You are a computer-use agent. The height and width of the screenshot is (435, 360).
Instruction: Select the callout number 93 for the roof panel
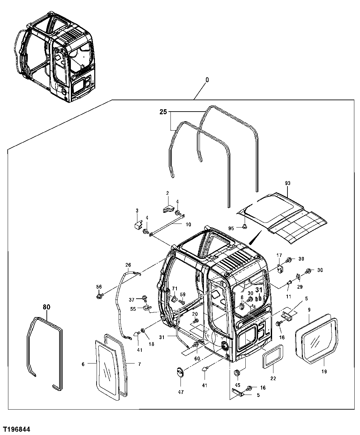pyautogui.click(x=287, y=183)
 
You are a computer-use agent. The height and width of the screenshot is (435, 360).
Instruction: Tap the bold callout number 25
pyautogui.click(x=163, y=112)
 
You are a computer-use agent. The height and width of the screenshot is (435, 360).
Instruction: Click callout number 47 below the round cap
pyautogui.click(x=181, y=392)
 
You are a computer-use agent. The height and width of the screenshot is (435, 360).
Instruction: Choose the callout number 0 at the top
pyautogui.click(x=207, y=80)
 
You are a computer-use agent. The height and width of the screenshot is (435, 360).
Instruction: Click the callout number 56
pyautogui.click(x=99, y=286)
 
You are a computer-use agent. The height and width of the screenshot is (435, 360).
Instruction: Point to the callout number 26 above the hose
pyautogui.click(x=128, y=265)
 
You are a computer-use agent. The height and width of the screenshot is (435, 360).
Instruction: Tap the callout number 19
pyautogui.click(x=324, y=371)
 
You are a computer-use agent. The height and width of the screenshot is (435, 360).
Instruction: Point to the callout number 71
pyautogui.click(x=174, y=289)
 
